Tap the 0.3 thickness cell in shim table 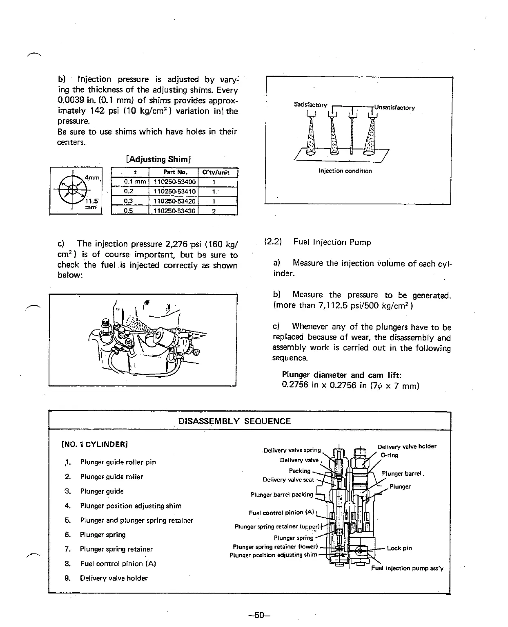(x=129, y=201)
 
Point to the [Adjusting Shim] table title (x=160, y=159)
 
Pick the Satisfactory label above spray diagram (x=310, y=105)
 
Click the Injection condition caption (x=345, y=171)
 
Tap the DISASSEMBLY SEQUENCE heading (x=234, y=421)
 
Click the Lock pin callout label (x=399, y=548)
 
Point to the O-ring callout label (x=389, y=455)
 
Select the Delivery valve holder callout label (x=406, y=446)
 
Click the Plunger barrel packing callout (x=282, y=495)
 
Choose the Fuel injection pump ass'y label (x=407, y=568)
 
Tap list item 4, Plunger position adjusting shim (x=131, y=506)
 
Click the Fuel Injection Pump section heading (x=332, y=242)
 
